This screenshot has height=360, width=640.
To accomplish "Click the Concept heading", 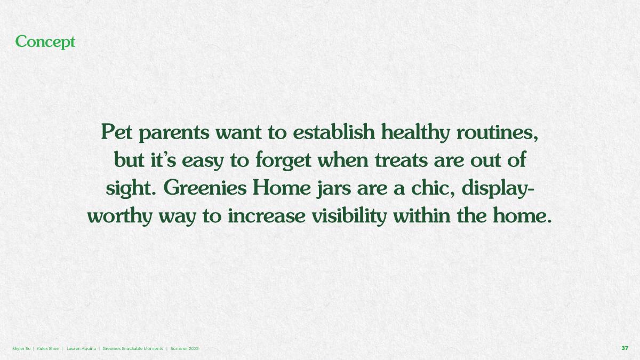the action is coord(45,42).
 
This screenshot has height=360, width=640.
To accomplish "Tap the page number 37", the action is coord(625,348).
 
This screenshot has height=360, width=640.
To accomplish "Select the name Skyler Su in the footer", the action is coord(21,349).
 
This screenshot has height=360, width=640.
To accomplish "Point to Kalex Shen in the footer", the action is coord(48,349).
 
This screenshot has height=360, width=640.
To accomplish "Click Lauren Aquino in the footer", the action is coord(82,349).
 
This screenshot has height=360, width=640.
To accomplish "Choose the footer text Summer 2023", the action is coord(185,349).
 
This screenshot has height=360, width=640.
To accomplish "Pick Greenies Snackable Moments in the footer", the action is coord(133,349).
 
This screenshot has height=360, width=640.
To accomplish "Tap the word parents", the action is coord(174,134).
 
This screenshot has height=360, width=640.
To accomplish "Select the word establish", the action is coord(334,132).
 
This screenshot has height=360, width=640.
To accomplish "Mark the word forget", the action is coord(283,161).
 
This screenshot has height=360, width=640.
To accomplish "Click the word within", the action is coord(422,215).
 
